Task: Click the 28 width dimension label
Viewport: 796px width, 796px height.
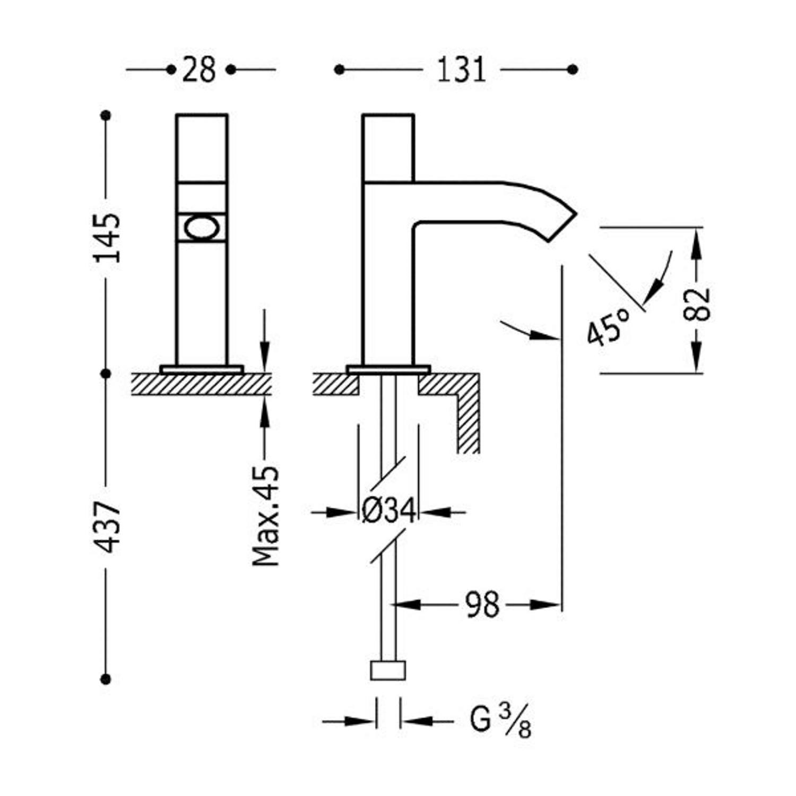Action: (199, 70)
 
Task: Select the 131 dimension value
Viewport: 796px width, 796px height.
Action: (461, 70)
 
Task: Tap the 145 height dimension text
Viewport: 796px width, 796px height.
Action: (107, 238)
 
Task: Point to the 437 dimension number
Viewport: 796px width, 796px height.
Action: (107, 527)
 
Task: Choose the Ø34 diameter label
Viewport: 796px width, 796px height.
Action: (388, 512)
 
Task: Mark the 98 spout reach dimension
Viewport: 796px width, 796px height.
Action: (482, 604)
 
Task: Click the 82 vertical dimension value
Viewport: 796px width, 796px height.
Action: (697, 304)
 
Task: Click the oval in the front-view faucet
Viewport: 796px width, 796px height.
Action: (202, 229)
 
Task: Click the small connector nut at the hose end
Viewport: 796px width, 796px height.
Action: (388, 670)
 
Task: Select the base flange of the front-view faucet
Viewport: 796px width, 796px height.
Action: (202, 369)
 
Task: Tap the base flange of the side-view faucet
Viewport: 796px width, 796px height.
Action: (388, 369)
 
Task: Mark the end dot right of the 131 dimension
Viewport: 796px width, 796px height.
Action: (572, 70)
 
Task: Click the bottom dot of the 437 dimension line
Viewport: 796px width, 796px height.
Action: (106, 679)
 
